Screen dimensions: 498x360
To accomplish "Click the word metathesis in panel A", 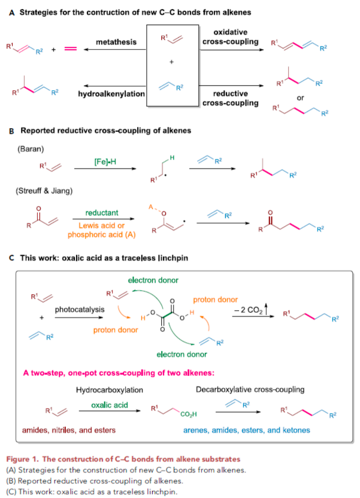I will pos(116,42).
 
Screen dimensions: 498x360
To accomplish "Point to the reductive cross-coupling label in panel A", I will pos(229,98).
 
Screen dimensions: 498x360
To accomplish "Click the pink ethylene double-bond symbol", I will pos(71,49).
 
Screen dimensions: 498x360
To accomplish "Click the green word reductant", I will pos(102,213).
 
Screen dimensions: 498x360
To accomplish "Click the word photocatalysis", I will pos(78,310).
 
